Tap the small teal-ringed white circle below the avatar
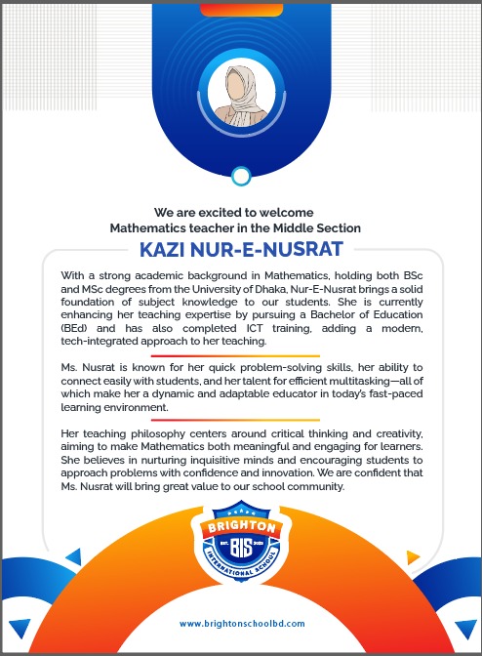tap(240, 176)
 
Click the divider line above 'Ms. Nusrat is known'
tap(240, 355)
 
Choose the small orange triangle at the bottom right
tap(413, 558)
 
